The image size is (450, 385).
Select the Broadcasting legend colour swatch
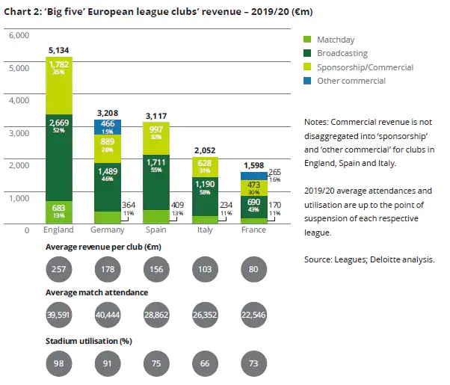point(307,53)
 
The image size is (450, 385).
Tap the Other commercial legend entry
point(351,81)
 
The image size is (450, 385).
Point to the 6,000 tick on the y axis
point(19,35)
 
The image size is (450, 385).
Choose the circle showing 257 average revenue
point(60,268)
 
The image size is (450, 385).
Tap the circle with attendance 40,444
point(109,315)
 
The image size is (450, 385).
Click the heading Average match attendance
point(96,292)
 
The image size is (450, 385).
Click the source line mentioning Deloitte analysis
point(369,260)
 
